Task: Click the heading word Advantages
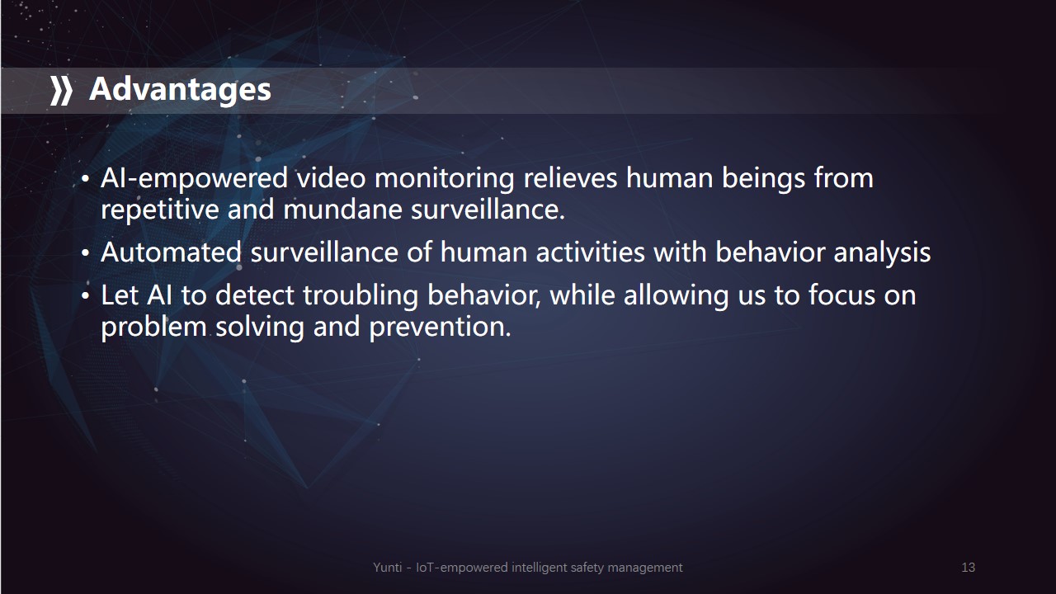(x=180, y=90)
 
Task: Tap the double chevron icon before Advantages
(x=61, y=91)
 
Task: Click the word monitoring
(x=444, y=180)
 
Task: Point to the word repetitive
(x=160, y=210)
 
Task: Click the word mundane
(x=342, y=210)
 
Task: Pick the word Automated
(x=171, y=252)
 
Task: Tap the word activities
(x=590, y=252)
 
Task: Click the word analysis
(x=882, y=253)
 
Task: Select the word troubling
(x=361, y=296)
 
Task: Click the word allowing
(x=676, y=296)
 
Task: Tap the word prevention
(x=440, y=327)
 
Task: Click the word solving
(x=260, y=327)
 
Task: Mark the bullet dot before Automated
(x=85, y=253)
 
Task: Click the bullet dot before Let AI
(x=85, y=296)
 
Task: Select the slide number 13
(x=969, y=567)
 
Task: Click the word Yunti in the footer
(x=388, y=567)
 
